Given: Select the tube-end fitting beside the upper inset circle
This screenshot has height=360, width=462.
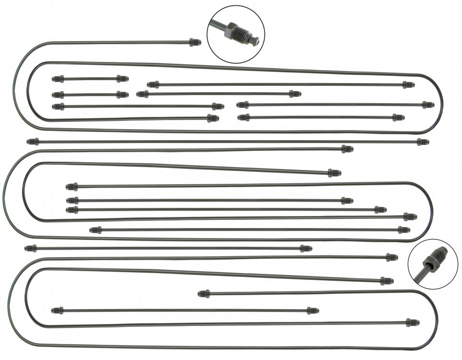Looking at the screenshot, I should coord(194,42).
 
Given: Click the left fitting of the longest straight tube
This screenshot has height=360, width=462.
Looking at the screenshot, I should coord(33,142).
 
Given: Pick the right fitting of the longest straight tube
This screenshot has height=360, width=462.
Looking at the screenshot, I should coord(422,142).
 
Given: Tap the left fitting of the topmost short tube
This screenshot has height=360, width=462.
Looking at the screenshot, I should coord(58,79).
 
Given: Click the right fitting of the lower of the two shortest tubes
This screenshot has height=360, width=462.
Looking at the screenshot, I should coord(122,95).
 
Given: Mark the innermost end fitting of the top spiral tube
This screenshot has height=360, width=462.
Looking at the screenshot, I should coord(213,118).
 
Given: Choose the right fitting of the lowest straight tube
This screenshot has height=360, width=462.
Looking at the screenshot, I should coord(312,311).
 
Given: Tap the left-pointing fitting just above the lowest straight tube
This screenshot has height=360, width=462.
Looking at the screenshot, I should coord(204,293).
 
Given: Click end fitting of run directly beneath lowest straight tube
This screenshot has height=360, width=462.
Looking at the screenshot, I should coord(412,322).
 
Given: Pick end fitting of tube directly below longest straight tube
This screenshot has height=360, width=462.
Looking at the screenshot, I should coord(347,149).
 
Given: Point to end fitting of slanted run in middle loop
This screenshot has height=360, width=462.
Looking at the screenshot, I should coord(334,173).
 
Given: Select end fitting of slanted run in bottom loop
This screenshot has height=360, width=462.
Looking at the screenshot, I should coord(387,281).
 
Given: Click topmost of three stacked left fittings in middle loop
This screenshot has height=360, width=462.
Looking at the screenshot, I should coord(72,187).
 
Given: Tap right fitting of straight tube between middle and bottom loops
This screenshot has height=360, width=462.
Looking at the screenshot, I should coord(306,248).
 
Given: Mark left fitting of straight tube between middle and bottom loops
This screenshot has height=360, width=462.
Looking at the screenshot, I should coord(31,248).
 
